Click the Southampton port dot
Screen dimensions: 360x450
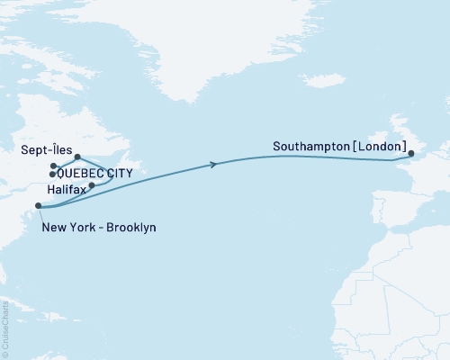point(411,157)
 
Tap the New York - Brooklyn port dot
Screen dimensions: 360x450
point(38,206)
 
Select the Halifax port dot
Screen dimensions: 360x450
point(92,185)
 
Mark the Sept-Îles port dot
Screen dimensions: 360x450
point(77,157)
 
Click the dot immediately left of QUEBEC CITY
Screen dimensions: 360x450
point(52,174)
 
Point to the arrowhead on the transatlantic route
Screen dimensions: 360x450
point(213,164)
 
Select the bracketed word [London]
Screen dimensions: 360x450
point(379,145)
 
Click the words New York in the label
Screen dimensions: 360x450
point(65,228)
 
